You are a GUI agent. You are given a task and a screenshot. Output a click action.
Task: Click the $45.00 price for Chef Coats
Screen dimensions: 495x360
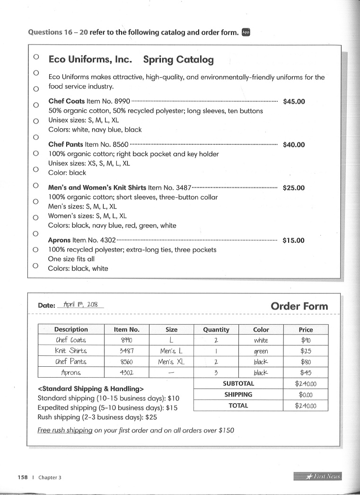[294, 101]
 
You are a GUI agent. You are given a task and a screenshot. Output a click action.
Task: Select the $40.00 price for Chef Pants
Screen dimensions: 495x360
[294, 145]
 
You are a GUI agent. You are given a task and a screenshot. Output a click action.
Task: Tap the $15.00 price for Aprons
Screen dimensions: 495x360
[294, 240]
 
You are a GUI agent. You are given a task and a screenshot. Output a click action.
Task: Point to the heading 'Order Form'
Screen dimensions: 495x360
[299, 306]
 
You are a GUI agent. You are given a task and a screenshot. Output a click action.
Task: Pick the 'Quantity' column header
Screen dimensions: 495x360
[216, 329]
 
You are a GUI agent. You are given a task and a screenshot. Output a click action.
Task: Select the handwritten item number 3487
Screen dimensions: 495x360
[126, 351]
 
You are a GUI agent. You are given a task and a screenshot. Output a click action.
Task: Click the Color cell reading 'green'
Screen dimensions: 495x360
[261, 351]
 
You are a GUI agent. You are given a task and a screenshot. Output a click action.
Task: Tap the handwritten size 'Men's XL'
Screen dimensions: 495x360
[171, 362]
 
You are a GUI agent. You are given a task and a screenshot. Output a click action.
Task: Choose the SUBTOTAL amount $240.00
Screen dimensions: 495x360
[306, 384]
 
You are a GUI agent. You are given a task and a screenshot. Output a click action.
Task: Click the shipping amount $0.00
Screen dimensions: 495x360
[306, 395]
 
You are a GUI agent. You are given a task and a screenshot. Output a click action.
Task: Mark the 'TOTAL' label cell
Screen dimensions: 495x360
[238, 406]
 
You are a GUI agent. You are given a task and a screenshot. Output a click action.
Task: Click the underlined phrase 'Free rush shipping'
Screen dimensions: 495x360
[65, 430]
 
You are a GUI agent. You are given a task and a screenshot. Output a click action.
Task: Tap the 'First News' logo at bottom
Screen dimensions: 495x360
[317, 476]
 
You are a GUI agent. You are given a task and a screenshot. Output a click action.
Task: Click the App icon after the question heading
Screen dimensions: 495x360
[246, 32]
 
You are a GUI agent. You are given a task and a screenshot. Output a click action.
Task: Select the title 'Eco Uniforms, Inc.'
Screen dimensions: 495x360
[90, 60]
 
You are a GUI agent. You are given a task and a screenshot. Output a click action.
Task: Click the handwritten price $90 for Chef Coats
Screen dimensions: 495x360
[306, 340]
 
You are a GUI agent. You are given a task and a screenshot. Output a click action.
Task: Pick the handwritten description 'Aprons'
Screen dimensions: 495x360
[71, 373]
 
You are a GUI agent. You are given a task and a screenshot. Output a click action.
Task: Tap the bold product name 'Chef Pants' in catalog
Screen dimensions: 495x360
[66, 144]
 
